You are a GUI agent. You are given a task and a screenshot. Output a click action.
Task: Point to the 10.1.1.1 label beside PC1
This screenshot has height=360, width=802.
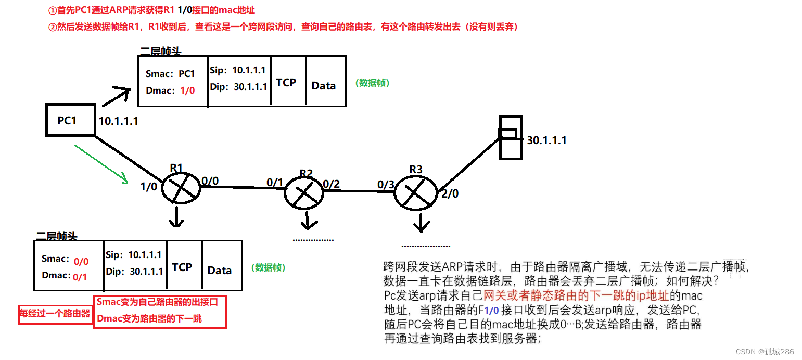pyautogui.click(x=119, y=121)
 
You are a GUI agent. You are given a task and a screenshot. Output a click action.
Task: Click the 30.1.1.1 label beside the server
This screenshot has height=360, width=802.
pyautogui.click(x=546, y=140)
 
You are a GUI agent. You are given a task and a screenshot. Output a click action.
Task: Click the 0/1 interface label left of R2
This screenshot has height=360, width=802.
pyautogui.click(x=275, y=182)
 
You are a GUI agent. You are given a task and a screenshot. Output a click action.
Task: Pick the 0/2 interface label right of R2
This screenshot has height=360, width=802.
pyautogui.click(x=331, y=184)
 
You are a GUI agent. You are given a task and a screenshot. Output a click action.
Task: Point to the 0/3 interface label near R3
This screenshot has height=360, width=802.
pyautogui.click(x=386, y=185)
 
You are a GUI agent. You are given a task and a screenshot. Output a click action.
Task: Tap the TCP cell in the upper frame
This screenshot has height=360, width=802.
pyautogui.click(x=286, y=82)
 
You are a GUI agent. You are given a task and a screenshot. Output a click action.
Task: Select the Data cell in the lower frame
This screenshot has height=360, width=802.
pyautogui.click(x=219, y=271)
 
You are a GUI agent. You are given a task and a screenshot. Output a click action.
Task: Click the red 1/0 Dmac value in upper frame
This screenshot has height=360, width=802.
pyautogui.click(x=187, y=91)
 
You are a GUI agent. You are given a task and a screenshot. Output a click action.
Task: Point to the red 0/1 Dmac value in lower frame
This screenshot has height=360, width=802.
pyautogui.click(x=80, y=277)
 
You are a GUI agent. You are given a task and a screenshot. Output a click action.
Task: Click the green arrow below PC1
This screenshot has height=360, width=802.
pyautogui.click(x=101, y=164)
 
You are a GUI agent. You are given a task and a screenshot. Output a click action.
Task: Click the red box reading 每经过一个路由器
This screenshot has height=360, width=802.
pyautogui.click(x=55, y=314)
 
